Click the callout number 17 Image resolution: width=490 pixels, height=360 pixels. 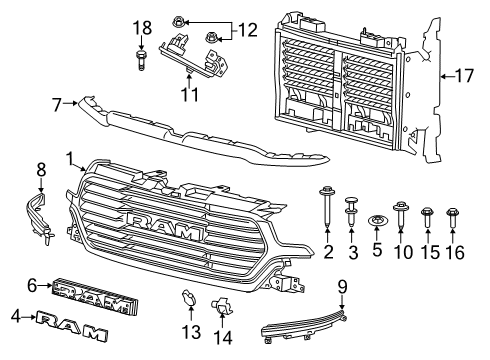click(464, 76)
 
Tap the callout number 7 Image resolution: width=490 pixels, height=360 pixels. click(57, 105)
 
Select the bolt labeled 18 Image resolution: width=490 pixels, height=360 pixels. click(141, 60)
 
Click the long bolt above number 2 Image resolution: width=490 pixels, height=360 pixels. click(327, 206)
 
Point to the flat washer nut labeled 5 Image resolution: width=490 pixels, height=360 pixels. click(377, 221)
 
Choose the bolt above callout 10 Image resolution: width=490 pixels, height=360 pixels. click(400, 214)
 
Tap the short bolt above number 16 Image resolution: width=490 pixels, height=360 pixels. click(452, 217)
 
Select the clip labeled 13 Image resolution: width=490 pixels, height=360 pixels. click(188, 298)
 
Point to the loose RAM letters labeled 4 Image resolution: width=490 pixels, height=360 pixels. click(72, 326)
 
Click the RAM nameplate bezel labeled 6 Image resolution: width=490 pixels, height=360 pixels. click(95, 296)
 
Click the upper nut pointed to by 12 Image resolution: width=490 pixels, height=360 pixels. click(179, 23)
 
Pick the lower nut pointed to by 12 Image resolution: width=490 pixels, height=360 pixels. click(211, 37)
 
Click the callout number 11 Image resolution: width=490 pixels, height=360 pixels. click(190, 94)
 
